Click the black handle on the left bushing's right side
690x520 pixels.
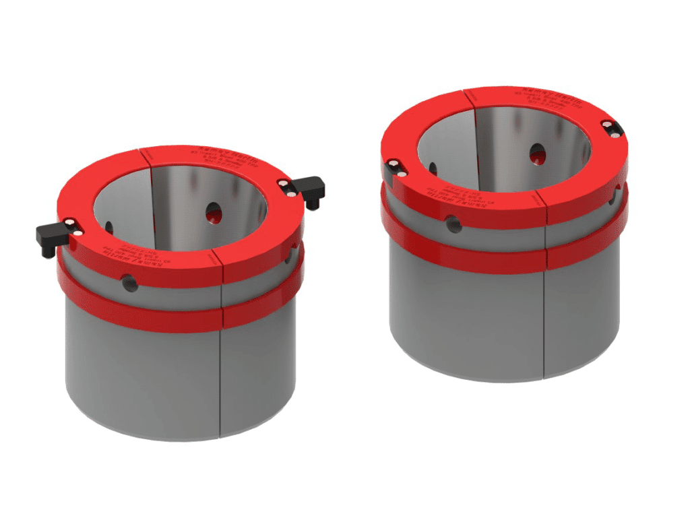point(311,189)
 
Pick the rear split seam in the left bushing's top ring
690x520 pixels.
point(146,154)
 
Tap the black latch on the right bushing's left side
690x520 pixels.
point(395,168)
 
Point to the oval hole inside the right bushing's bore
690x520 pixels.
point(538,154)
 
